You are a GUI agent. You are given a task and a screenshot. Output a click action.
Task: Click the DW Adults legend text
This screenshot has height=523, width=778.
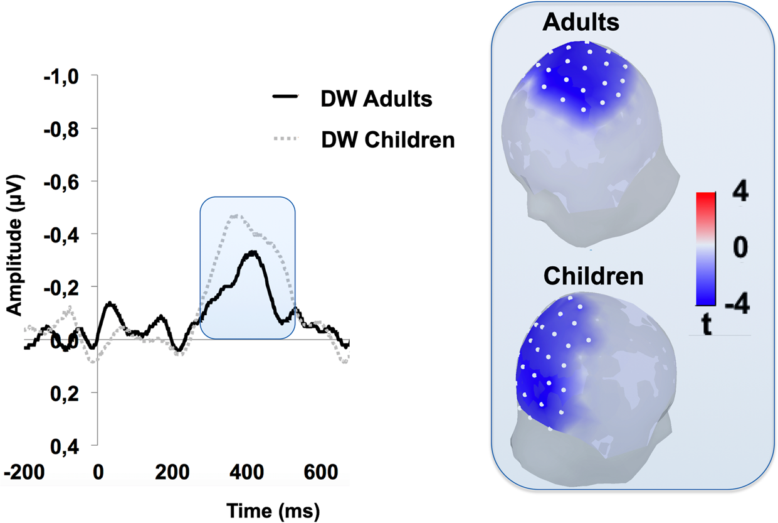376,99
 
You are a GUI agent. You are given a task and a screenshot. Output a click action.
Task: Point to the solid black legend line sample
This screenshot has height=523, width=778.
285,97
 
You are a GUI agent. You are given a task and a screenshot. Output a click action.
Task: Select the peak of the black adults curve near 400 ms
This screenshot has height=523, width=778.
253,252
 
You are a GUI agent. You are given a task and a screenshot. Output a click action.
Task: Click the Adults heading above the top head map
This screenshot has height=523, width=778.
581,23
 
